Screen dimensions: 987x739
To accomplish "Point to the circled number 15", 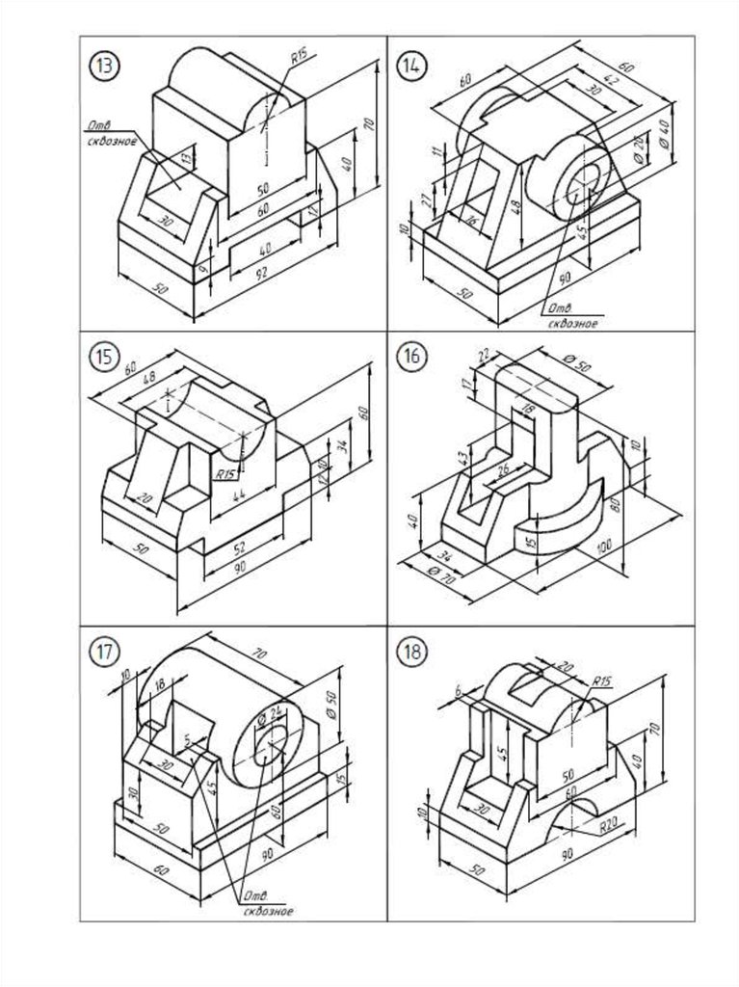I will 102,357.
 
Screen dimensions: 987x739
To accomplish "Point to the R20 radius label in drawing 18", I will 606,826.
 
